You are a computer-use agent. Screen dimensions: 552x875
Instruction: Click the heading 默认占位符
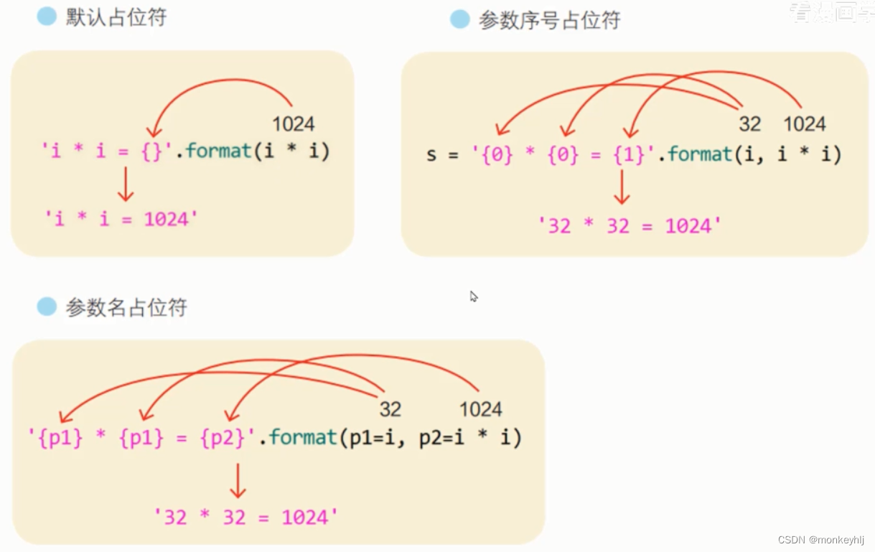(116, 17)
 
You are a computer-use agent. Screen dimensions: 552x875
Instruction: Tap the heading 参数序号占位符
(549, 20)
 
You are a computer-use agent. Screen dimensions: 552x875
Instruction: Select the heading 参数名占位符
(126, 308)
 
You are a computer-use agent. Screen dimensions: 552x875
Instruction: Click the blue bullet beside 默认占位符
(47, 17)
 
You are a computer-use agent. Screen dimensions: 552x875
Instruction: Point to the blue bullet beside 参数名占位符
(47, 307)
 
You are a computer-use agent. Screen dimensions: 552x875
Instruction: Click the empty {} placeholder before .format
(153, 151)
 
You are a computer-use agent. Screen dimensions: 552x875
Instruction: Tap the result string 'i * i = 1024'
(121, 218)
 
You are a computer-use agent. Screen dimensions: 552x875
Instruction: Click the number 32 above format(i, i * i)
(749, 124)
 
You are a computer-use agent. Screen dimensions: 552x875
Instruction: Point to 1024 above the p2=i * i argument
(480, 409)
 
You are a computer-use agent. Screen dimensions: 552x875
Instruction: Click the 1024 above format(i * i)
(293, 124)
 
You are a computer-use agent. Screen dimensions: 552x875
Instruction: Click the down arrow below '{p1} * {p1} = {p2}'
(238, 480)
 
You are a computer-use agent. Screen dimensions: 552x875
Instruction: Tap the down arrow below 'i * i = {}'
(126, 184)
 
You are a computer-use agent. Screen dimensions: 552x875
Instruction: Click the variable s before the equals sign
(431, 155)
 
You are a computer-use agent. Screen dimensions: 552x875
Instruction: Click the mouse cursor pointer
(474, 296)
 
